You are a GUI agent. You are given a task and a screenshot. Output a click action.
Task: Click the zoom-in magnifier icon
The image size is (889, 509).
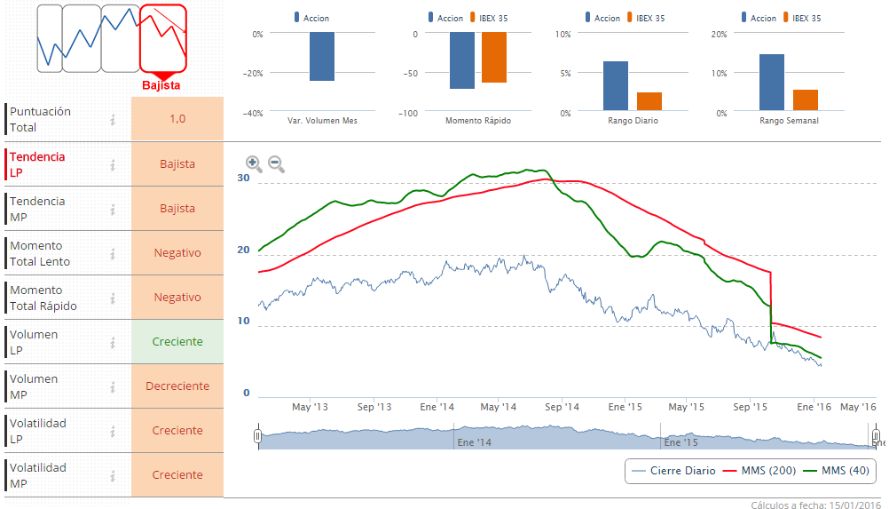pos(253,163)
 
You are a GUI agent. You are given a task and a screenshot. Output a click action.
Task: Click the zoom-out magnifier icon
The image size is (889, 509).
pos(276,163)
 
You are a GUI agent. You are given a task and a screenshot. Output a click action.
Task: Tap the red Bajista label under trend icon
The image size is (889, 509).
pos(161,86)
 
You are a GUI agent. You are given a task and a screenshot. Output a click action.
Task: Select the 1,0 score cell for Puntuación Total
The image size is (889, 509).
pos(177,119)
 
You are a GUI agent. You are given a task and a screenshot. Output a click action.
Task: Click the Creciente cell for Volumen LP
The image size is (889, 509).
pos(177,342)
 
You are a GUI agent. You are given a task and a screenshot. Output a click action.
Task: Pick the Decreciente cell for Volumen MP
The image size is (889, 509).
pos(177,386)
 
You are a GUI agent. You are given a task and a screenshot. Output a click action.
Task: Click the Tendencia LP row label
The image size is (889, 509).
pos(37,164)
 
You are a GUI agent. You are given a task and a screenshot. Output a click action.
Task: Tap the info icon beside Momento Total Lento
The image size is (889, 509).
pos(113,253)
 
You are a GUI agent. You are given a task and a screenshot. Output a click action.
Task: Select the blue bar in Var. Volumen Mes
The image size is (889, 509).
pos(322,57)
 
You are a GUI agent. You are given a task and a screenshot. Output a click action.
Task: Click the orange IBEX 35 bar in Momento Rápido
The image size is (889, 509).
pos(494,58)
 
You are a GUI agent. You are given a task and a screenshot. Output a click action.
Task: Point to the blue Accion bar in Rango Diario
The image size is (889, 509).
pos(616,86)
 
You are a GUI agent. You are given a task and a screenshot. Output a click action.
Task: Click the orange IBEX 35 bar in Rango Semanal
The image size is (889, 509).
pos(805,100)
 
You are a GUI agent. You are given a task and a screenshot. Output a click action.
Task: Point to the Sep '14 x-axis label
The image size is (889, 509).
pos(562,408)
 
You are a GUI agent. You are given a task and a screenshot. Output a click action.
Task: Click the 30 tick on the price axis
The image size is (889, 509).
pos(244,178)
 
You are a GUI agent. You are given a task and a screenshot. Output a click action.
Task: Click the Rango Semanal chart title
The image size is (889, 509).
pos(789,121)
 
